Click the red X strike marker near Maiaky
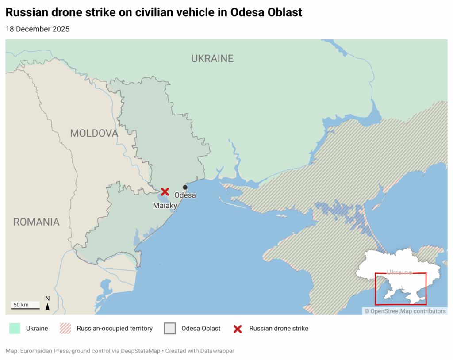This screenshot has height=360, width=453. (165, 191)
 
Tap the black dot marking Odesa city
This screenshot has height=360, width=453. (185, 187)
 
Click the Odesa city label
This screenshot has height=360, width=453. (185, 195)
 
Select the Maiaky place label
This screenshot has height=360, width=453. (165, 206)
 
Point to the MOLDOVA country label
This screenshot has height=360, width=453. (94, 133)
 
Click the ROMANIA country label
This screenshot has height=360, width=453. (36, 222)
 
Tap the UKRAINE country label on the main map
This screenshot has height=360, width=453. (212, 58)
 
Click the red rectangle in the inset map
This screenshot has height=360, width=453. (400, 289)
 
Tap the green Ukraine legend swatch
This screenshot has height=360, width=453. (15, 329)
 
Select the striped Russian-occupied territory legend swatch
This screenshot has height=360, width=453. (65, 329)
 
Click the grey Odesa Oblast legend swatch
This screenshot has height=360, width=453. (170, 329)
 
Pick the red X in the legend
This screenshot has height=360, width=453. (238, 329)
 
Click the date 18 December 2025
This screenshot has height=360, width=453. (38, 29)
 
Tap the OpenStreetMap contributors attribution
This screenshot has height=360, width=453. (405, 311)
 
